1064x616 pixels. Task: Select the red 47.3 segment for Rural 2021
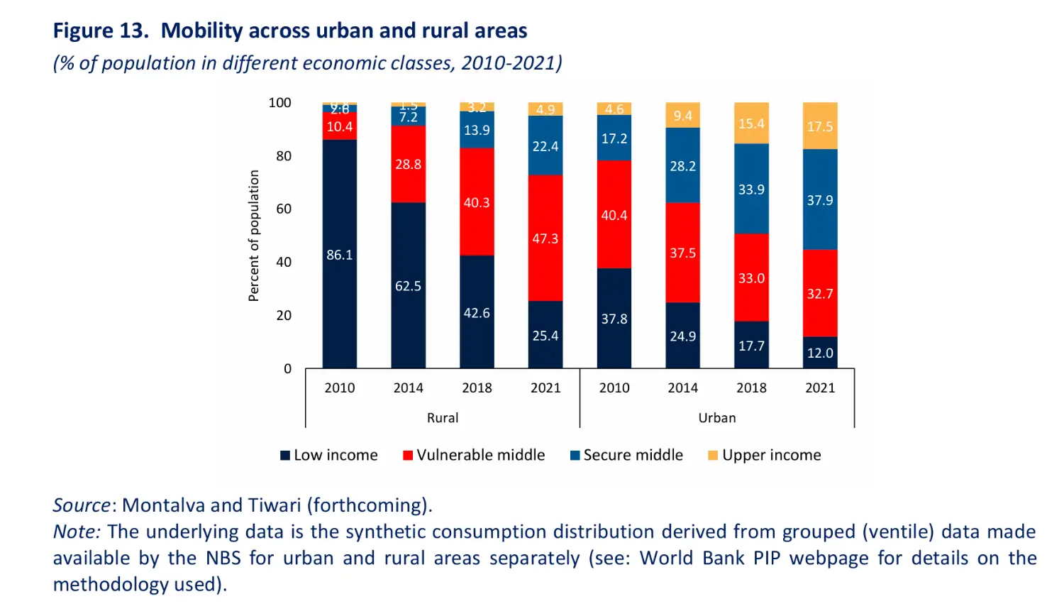(545, 238)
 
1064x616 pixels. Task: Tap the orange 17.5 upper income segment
(820, 126)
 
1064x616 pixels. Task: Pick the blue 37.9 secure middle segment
(820, 199)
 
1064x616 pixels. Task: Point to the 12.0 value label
(820, 353)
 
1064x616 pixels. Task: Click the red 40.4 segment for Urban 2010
(614, 214)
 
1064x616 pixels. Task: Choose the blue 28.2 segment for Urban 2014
(683, 165)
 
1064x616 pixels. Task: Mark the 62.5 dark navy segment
(408, 285)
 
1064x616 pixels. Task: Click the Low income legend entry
(329, 455)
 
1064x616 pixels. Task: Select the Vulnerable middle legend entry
(474, 455)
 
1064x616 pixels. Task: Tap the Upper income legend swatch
(713, 455)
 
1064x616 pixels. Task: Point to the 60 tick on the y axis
(284, 209)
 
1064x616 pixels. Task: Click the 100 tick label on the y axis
(279, 103)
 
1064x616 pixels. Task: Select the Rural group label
(443, 417)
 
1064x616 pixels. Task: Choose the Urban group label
(717, 417)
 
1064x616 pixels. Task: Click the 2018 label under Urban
(751, 387)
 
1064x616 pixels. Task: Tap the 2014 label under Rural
(408, 387)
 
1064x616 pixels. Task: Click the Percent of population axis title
(254, 236)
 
